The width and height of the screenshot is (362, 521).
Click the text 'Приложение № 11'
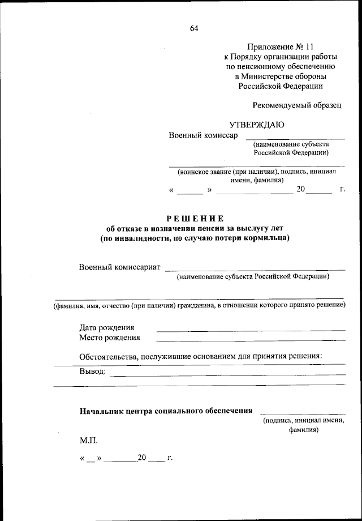coord(280,46)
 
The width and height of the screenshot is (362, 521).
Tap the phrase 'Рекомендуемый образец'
coord(296,105)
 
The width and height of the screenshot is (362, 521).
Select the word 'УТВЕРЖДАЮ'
coord(256,125)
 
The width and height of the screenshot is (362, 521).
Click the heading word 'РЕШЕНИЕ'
coord(195,219)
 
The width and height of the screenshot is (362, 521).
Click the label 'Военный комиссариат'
coord(120,266)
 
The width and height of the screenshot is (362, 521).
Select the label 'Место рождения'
coord(110,338)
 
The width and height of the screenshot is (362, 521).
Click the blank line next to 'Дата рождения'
coord(251,330)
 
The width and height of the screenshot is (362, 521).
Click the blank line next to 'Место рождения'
coord(251,340)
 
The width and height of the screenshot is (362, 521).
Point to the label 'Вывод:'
coord(92,371)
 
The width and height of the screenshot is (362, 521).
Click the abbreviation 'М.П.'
coord(89,439)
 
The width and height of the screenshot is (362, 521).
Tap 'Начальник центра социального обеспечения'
coord(166,411)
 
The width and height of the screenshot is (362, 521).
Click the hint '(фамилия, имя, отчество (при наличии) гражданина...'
coord(199,306)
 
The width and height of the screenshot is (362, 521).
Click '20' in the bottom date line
coord(142,457)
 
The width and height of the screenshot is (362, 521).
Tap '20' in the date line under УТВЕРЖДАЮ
coord(300,190)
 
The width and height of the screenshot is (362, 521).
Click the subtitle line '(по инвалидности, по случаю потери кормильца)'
coord(195,238)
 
